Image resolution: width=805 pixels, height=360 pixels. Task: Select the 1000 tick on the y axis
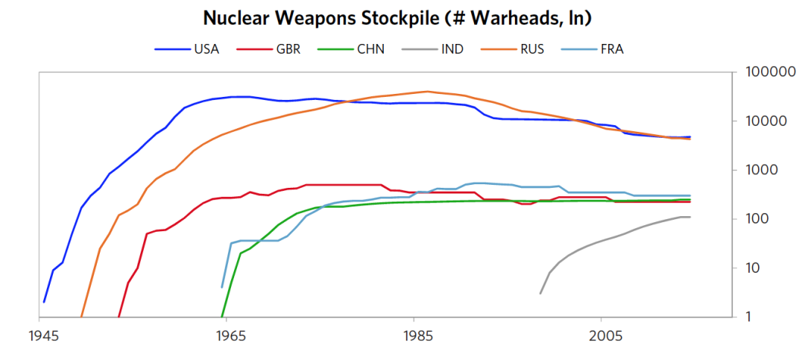[763, 170]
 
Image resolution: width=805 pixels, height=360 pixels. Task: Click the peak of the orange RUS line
[427, 92]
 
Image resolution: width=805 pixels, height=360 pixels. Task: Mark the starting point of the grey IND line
[540, 294]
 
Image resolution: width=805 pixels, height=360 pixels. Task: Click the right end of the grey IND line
[690, 217]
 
